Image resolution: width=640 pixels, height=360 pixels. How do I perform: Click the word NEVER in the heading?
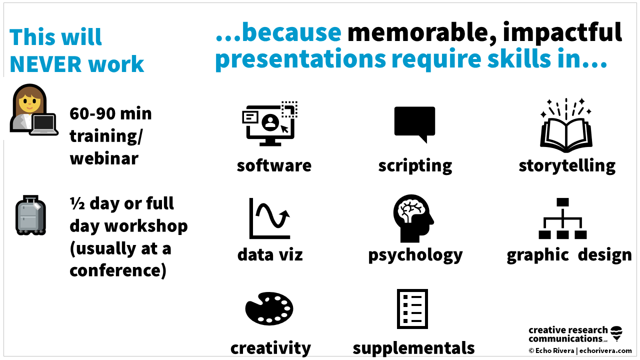[x=42, y=64]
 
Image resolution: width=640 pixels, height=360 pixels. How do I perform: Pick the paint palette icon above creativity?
[x=269, y=308]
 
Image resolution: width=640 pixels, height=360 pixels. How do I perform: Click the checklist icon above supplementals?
[x=412, y=308]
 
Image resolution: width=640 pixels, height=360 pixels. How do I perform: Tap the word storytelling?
[x=567, y=165]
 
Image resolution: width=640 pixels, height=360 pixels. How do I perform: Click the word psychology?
[x=415, y=255]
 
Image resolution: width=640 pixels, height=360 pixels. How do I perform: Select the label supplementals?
[x=413, y=347]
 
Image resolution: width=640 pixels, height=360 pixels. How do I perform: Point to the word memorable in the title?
[x=418, y=33]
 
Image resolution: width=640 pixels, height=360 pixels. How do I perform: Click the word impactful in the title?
[x=562, y=33]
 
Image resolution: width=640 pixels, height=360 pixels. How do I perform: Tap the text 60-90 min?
[x=110, y=113]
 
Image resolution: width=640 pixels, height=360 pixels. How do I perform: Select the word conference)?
[x=118, y=270]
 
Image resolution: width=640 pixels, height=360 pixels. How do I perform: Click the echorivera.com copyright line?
[x=580, y=351]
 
